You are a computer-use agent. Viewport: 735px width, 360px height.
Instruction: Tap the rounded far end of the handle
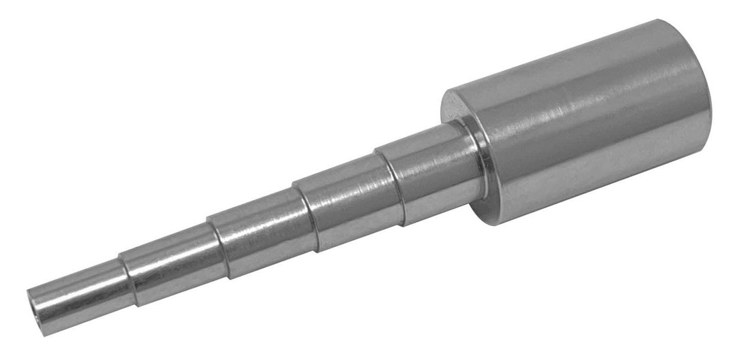click(701, 102)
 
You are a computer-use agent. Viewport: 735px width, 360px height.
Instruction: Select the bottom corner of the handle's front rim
click(497, 221)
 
